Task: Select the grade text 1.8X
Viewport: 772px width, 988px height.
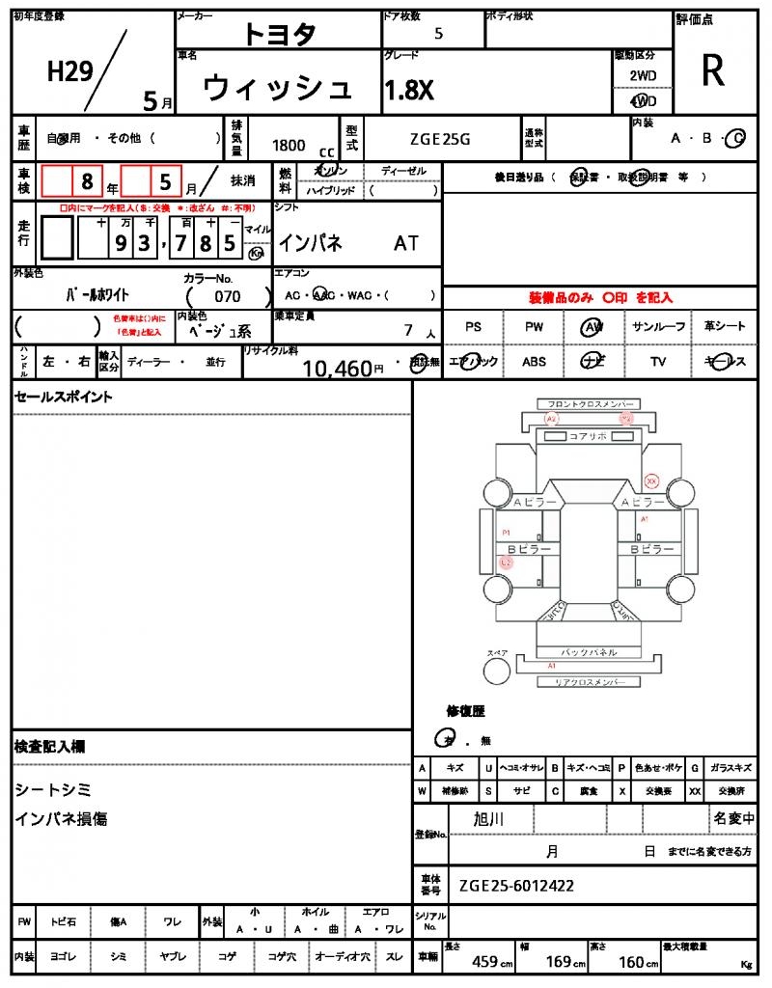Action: pyautogui.click(x=409, y=91)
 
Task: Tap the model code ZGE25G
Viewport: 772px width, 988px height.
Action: pyautogui.click(x=439, y=139)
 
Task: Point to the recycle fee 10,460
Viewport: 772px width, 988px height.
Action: pyautogui.click(x=337, y=368)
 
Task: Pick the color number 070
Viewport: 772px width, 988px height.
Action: pyautogui.click(x=228, y=297)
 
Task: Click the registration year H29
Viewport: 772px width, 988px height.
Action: pyautogui.click(x=69, y=71)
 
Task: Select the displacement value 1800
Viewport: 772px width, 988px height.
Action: pyautogui.click(x=289, y=146)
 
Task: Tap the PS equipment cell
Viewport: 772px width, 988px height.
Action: pyautogui.click(x=473, y=327)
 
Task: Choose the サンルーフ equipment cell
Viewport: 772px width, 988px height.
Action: pyautogui.click(x=658, y=327)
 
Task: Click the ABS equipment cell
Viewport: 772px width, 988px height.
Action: pyautogui.click(x=534, y=362)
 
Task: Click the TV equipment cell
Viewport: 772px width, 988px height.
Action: pyautogui.click(x=658, y=362)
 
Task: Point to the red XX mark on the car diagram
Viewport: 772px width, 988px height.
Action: pyautogui.click(x=651, y=480)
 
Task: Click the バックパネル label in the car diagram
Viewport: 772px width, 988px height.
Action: pyautogui.click(x=589, y=652)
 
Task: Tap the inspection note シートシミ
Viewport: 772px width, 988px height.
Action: pyautogui.click(x=53, y=790)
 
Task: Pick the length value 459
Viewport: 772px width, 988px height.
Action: pyautogui.click(x=484, y=962)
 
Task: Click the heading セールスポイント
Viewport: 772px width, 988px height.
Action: pyautogui.click(x=63, y=397)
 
